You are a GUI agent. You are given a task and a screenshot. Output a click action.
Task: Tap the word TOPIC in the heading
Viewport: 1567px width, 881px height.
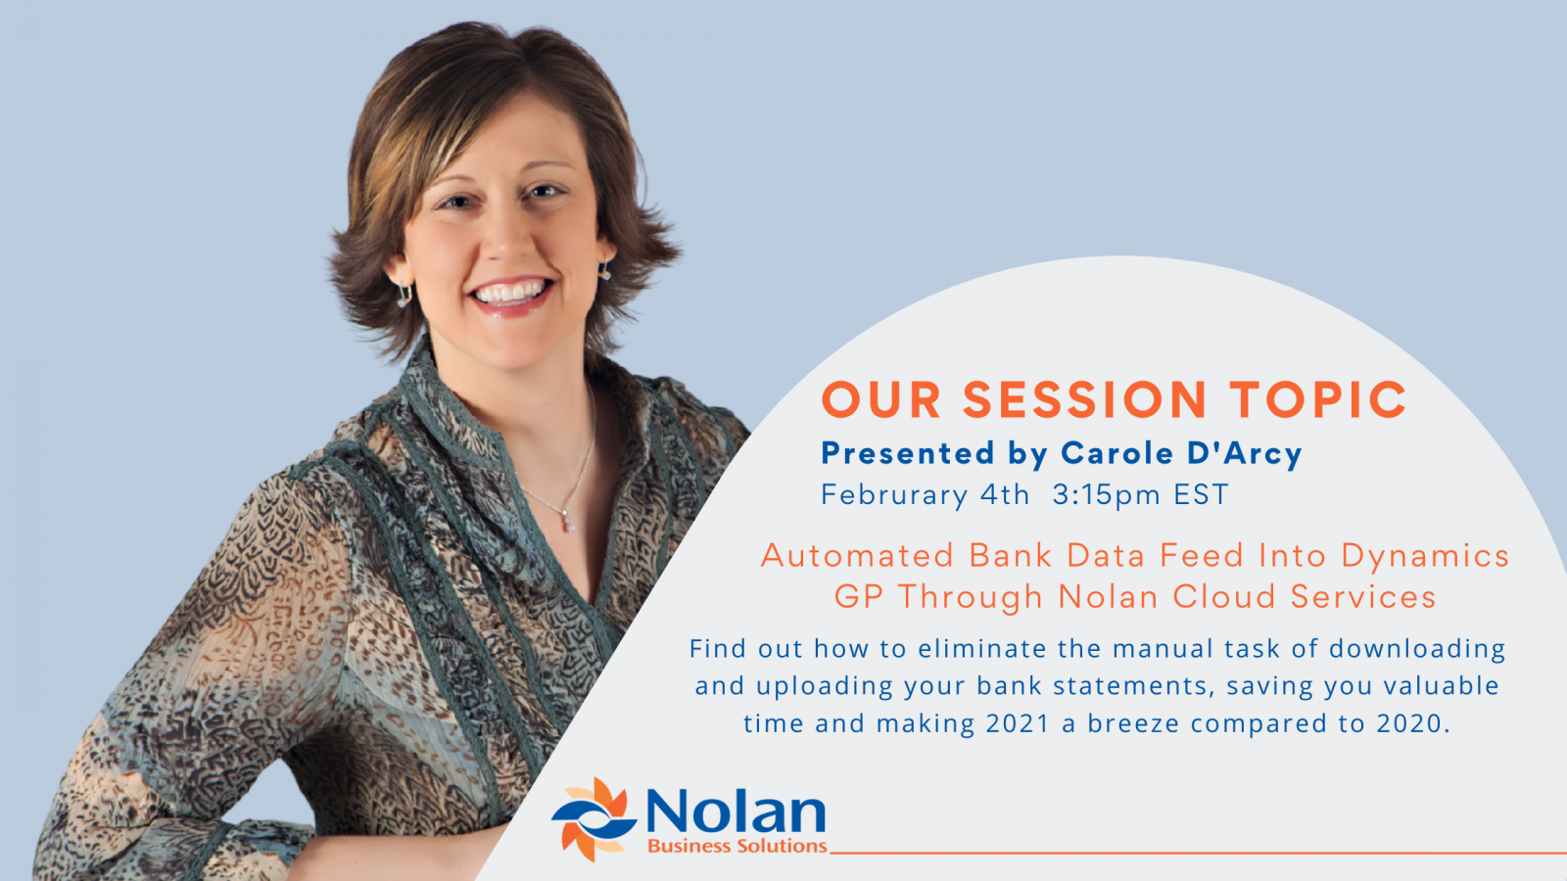(1318, 399)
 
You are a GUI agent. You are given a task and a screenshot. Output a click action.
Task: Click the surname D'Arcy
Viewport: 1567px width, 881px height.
(1245, 453)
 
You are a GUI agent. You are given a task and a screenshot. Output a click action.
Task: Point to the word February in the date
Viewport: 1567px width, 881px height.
(895, 495)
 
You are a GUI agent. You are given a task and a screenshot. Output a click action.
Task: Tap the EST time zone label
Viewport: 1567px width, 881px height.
(1201, 494)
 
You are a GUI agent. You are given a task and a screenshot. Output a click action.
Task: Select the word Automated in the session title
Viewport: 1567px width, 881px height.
(858, 556)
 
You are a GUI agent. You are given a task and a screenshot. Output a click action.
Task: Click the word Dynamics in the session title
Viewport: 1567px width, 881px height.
(1425, 557)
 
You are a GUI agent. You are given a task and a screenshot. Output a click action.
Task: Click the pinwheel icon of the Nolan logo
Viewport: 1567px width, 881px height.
(594, 819)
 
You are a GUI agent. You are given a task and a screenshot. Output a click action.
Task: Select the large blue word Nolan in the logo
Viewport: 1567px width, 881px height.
(736, 811)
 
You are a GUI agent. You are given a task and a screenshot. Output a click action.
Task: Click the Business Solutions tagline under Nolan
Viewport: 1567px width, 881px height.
(737, 846)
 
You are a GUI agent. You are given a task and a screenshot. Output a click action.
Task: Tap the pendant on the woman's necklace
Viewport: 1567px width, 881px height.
(568, 521)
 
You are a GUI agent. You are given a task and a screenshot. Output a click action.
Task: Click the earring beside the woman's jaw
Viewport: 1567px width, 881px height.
(404, 296)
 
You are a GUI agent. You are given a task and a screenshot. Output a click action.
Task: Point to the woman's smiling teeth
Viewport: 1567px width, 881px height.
(511, 292)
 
